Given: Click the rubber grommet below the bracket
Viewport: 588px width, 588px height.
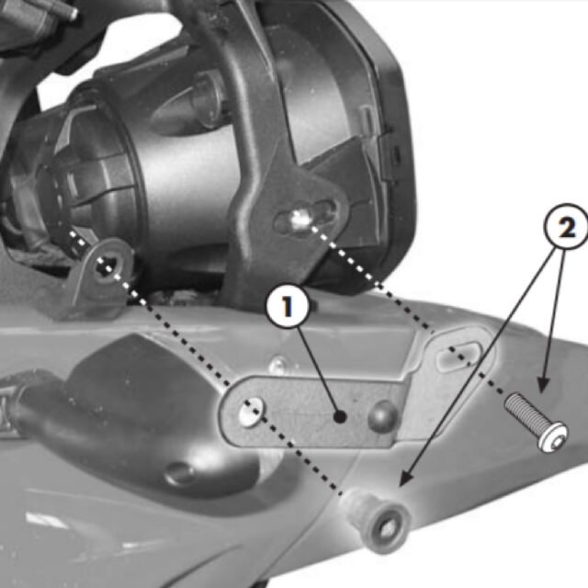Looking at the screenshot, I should click(376, 518).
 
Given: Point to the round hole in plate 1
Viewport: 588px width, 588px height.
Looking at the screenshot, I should click(249, 413).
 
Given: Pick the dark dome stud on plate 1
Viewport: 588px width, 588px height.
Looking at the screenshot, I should click(381, 416).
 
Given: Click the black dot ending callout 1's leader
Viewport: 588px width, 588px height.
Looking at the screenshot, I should click(341, 417).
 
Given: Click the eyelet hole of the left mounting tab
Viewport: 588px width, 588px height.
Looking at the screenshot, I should click(107, 266).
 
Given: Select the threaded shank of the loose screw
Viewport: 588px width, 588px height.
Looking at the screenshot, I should click(522, 409).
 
